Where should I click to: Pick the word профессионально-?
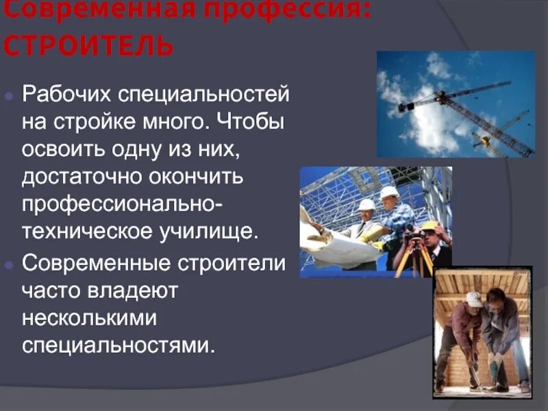127,203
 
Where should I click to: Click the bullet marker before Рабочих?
9,97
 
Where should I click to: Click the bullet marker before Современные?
9,263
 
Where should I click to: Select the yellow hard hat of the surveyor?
430,225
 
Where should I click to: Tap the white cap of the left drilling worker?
474,299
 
